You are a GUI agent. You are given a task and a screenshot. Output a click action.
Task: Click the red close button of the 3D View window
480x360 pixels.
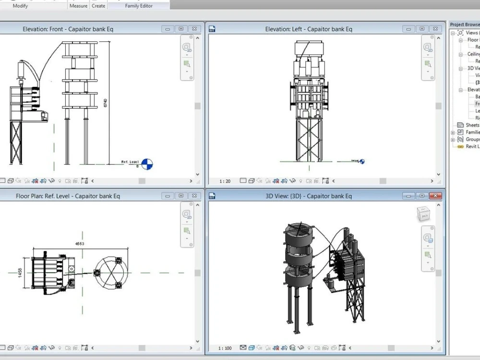pos(435,196)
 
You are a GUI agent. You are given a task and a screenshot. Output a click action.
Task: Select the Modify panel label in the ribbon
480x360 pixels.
pos(20,6)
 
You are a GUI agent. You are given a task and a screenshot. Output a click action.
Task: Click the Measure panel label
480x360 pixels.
pos(78,6)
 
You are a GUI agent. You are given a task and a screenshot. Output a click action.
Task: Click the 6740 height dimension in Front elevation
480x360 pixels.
pos(105,103)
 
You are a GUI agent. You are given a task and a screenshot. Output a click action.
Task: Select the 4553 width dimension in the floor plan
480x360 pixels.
pos(80,244)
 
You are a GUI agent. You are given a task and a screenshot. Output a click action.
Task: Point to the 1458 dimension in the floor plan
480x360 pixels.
pos(20,273)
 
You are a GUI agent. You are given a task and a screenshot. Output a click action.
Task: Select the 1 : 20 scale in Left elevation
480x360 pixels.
pos(225,181)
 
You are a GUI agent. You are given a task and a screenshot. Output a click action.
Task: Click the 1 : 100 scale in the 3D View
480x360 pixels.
pos(225,348)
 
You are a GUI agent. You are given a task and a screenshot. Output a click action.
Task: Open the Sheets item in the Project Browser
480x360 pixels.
pos(472,125)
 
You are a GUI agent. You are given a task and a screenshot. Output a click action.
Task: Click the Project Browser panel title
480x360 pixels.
pos(465,24)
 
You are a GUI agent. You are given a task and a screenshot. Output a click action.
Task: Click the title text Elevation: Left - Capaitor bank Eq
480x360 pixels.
pos(309,29)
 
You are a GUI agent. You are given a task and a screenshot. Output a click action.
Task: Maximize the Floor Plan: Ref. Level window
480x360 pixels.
pos(181,196)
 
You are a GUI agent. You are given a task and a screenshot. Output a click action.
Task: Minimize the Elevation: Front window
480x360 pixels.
pos(168,29)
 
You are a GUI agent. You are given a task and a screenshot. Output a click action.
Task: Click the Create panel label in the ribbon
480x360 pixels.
pos(98,6)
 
